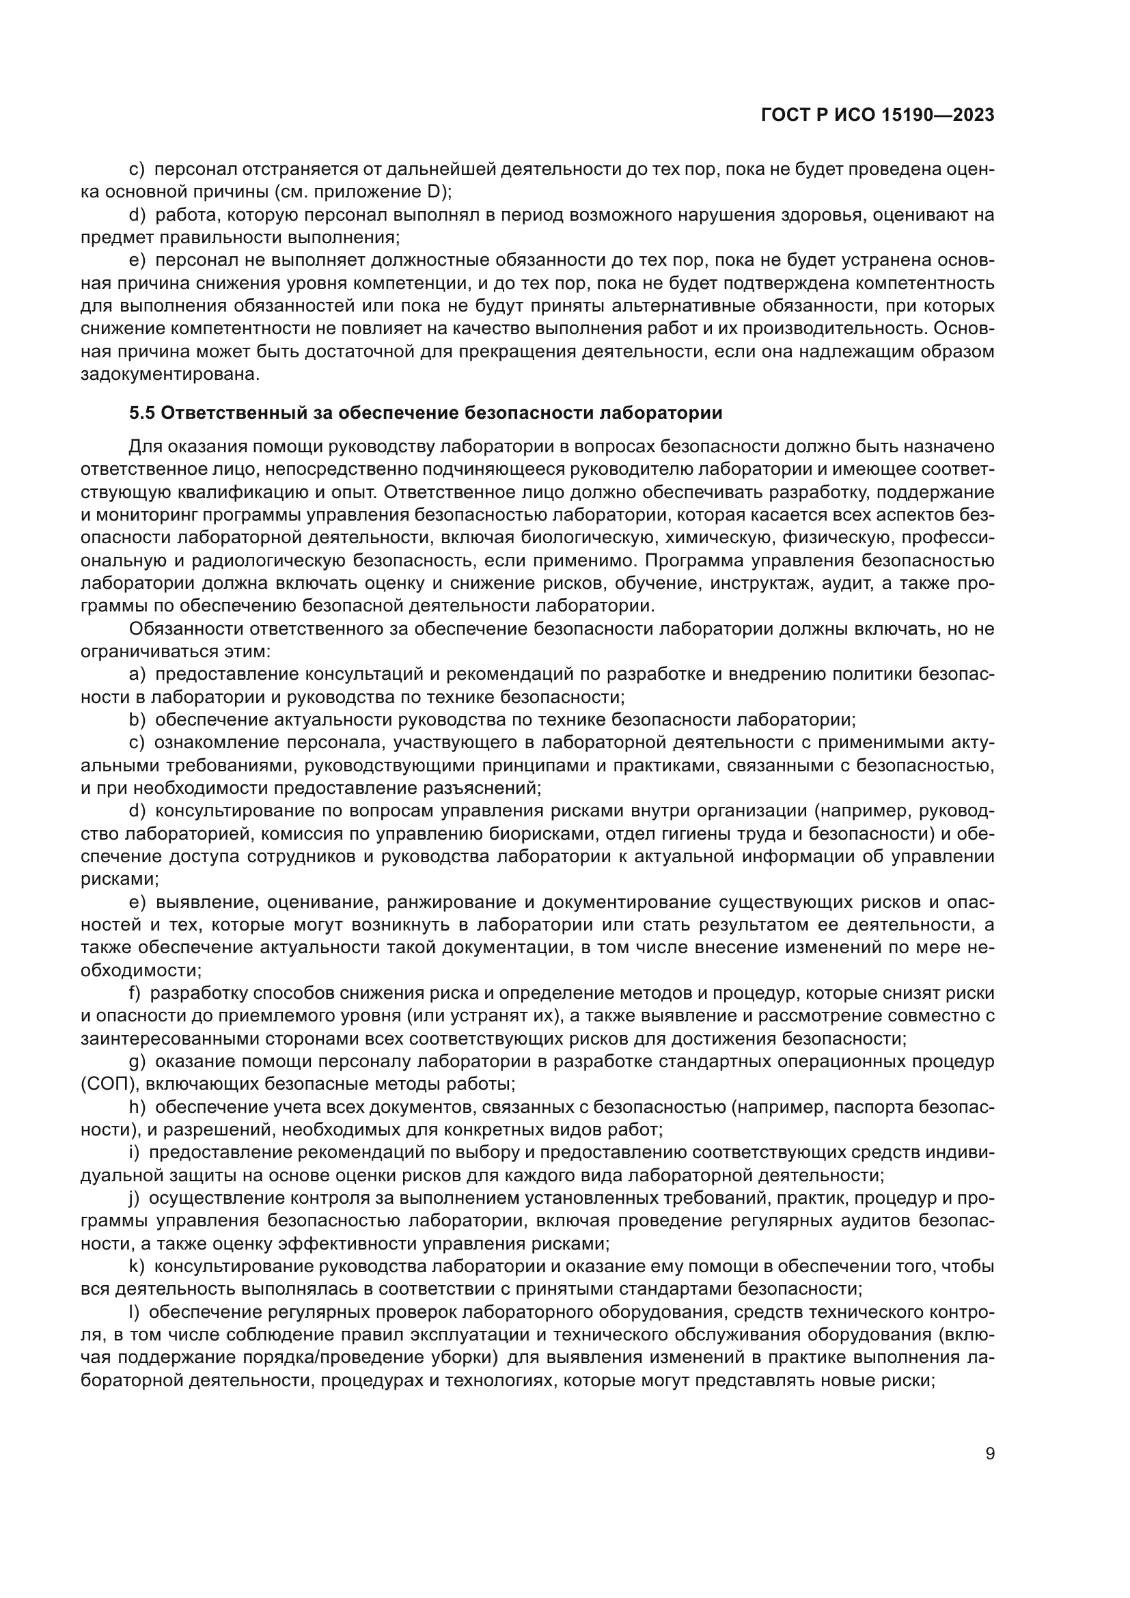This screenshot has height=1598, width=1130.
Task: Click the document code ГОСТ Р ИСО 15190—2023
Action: tap(878, 115)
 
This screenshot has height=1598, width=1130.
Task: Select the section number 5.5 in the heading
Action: tap(142, 413)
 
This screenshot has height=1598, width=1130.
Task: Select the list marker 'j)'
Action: tap(135, 1198)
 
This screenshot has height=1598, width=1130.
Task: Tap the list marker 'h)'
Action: tap(137, 1107)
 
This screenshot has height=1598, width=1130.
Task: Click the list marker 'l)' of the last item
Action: tap(135, 1312)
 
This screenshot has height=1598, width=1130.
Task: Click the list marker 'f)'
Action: tap(135, 993)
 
